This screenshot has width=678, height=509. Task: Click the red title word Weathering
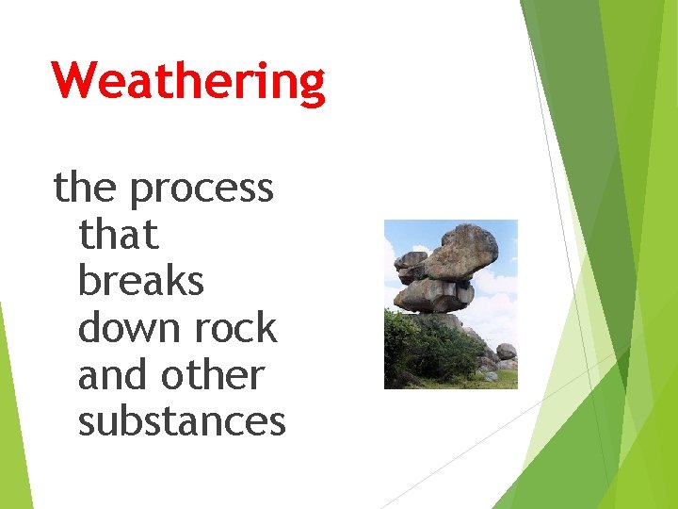188,81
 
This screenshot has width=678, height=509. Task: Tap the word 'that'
118,235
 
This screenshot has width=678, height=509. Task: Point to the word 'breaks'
140,281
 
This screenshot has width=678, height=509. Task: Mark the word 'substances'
182,420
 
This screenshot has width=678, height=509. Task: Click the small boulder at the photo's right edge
507,352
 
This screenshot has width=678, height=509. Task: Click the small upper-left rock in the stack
411,259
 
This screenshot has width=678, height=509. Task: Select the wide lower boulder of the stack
431,296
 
